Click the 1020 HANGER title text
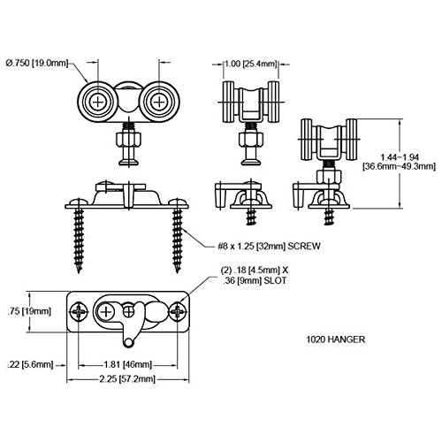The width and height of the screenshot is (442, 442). pos(336,339)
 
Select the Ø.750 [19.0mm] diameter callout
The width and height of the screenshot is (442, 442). pos(37,63)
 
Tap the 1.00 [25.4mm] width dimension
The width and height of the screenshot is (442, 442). pos(251,64)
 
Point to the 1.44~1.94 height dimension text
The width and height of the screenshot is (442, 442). pos(400,156)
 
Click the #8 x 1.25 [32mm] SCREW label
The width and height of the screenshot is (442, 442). pos(269,246)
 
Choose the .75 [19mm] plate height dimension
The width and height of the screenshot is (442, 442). pos(29,311)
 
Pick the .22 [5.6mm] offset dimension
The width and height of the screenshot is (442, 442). pos(30,364)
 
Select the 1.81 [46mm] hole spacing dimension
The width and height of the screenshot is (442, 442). pos(127,364)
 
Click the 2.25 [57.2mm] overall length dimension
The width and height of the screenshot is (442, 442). pos(127,378)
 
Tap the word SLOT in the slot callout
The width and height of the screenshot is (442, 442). pos(275,280)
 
